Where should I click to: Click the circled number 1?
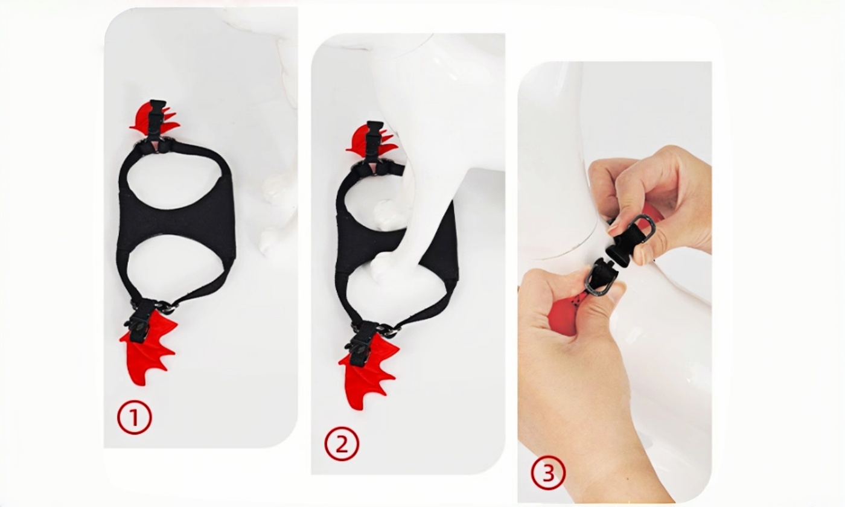click(134, 418)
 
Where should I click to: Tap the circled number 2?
click(342, 444)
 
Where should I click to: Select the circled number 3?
click(548, 473)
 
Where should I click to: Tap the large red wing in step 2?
click(368, 374)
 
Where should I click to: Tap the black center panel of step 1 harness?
click(176, 225)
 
